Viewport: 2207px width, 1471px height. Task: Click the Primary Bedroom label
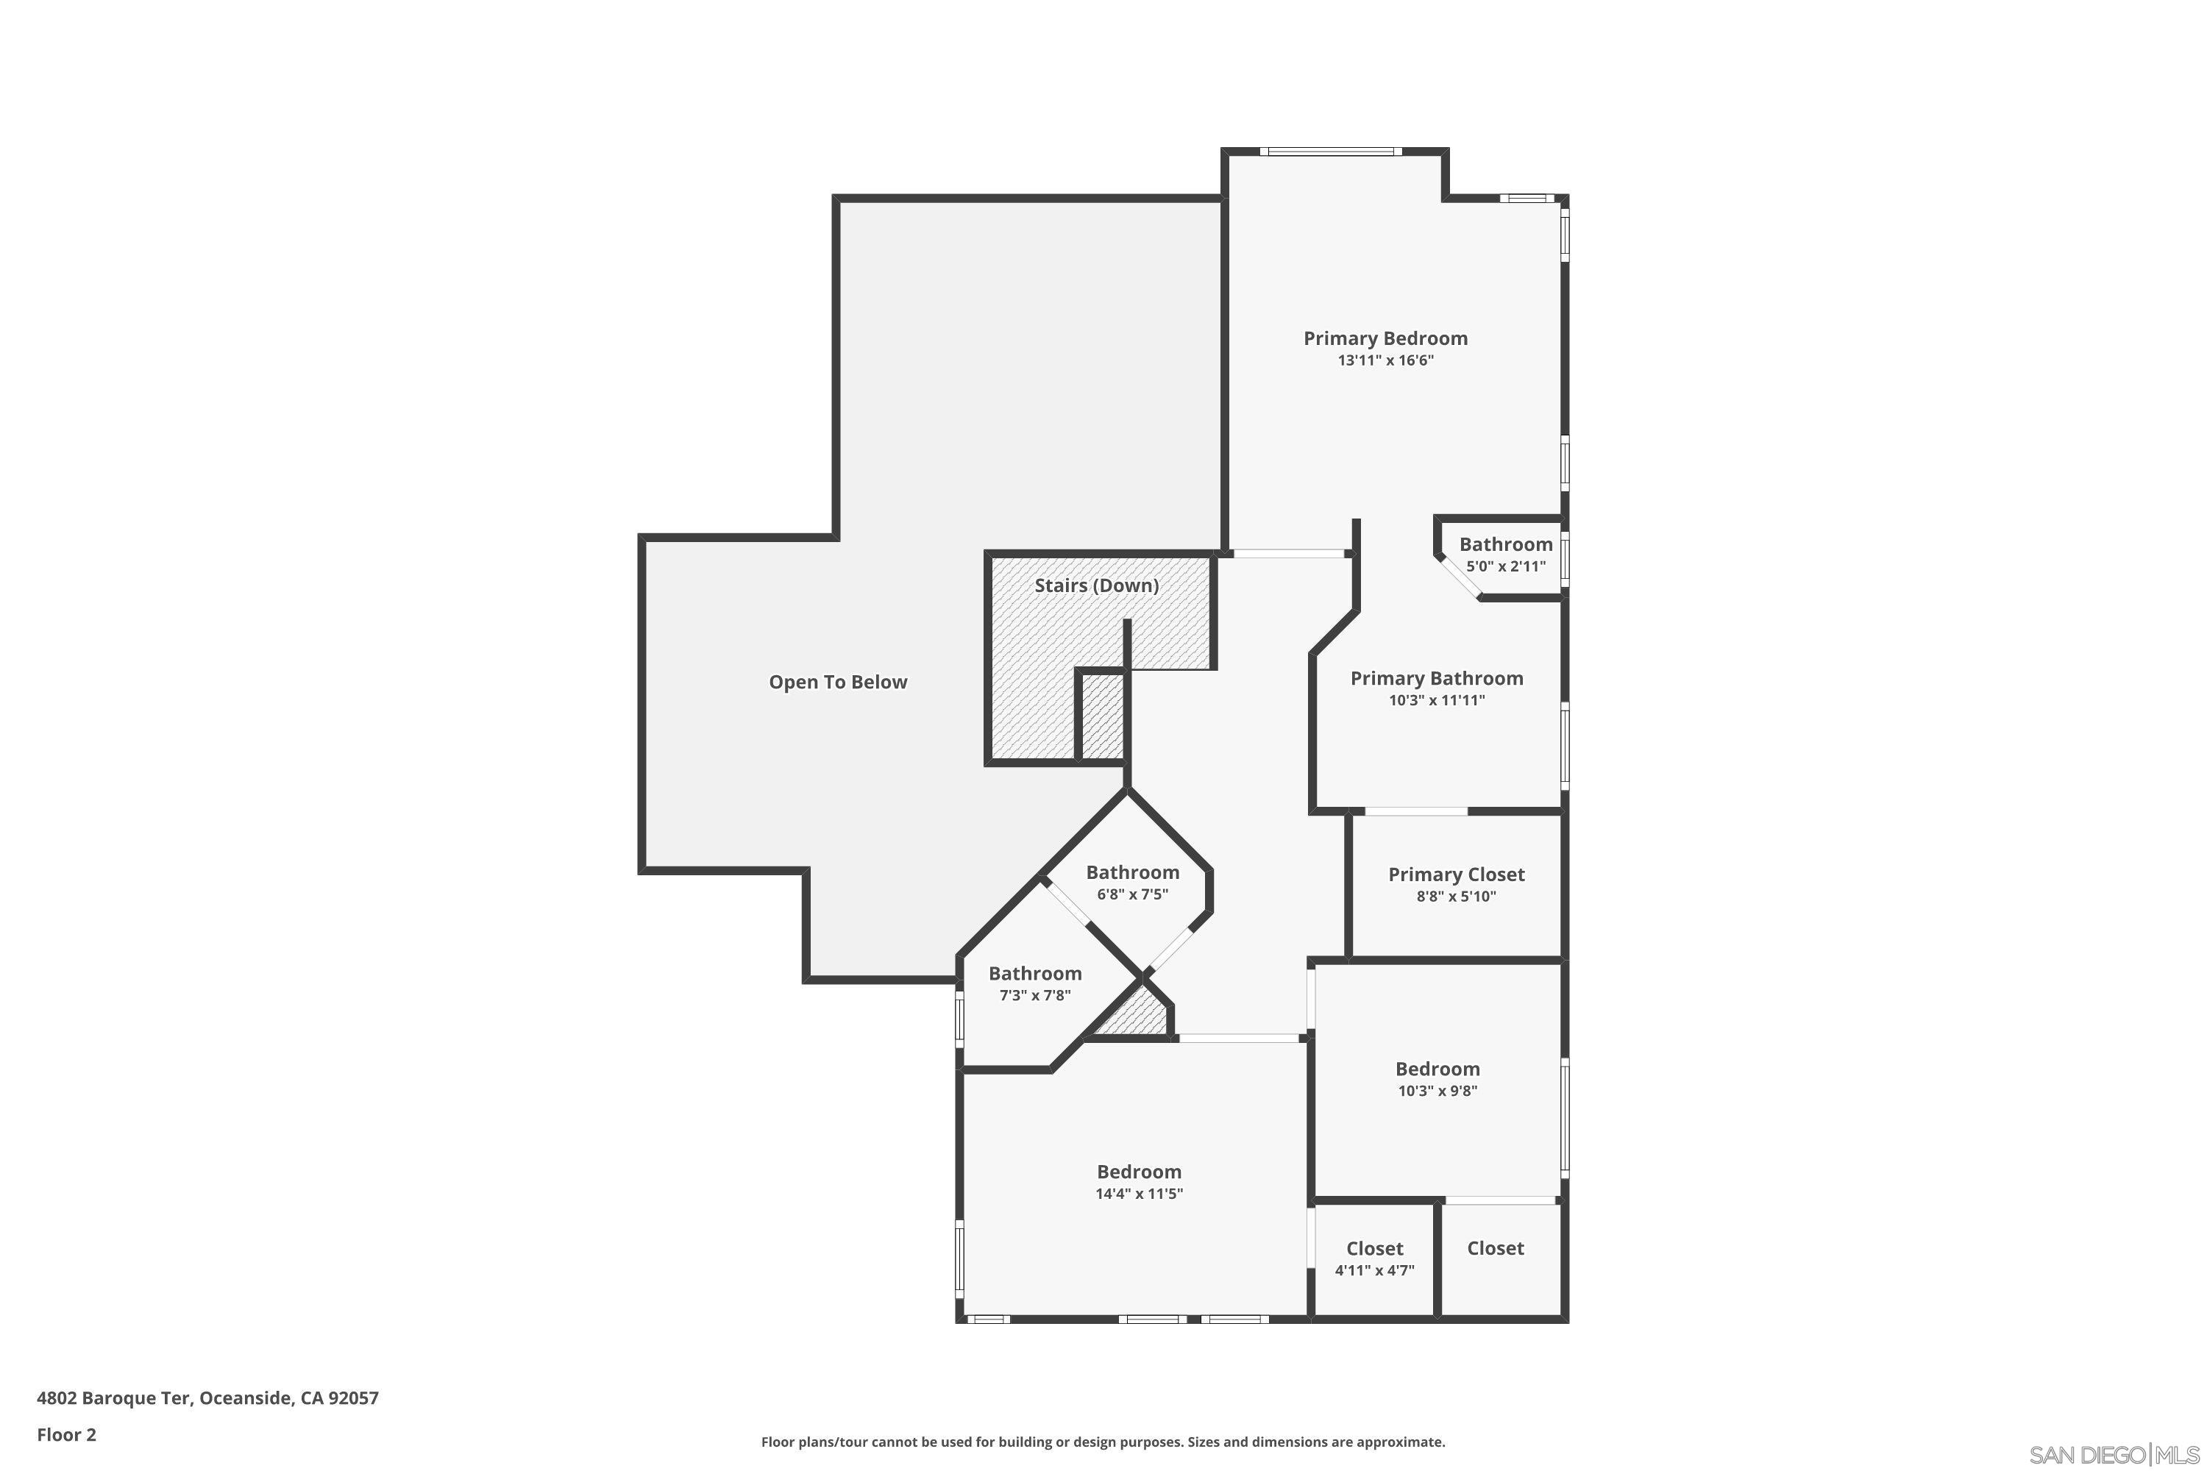(x=1385, y=338)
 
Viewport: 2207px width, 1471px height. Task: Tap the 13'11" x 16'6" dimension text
(x=1385, y=361)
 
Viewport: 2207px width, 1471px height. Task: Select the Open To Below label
(x=838, y=682)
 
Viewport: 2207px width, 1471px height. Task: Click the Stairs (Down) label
(x=1096, y=585)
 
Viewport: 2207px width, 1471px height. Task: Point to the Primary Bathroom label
(x=1436, y=678)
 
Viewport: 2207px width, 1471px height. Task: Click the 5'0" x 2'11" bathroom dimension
(x=1505, y=566)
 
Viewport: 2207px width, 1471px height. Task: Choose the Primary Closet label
(x=1455, y=875)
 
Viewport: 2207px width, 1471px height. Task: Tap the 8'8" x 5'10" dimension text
(x=1455, y=897)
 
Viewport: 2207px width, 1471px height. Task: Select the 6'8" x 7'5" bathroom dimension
(x=1131, y=895)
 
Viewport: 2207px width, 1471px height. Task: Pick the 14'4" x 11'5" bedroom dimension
(x=1138, y=1194)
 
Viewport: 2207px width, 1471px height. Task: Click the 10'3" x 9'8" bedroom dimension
(x=1437, y=1091)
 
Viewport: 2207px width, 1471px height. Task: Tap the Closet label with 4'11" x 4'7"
(x=1373, y=1249)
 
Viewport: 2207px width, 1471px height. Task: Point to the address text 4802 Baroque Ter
(x=207, y=1398)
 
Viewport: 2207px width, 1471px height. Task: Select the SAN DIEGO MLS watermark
(x=2116, y=1455)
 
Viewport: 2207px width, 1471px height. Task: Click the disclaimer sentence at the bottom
(x=1103, y=1442)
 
